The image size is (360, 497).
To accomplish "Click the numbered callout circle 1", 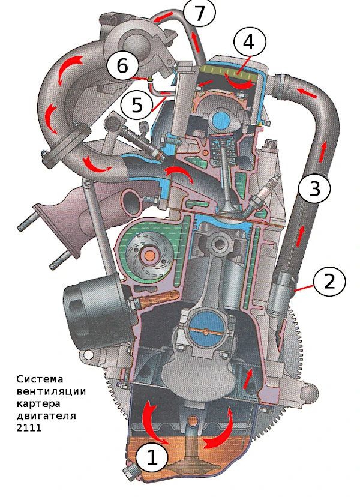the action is pyautogui.click(x=151, y=458).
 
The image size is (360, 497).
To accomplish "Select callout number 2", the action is pyautogui.click(x=329, y=281).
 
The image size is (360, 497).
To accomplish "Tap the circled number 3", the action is pyautogui.click(x=314, y=188).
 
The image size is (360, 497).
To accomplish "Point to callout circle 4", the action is pyautogui.click(x=249, y=41).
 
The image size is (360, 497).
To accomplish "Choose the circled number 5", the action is pyautogui.click(x=137, y=105).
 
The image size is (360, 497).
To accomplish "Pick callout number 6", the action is pyautogui.click(x=122, y=67).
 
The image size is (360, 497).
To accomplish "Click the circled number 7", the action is pyautogui.click(x=199, y=13).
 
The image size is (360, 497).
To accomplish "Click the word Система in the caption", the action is pyautogui.click(x=40, y=379).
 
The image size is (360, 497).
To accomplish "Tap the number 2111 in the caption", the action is pyautogui.click(x=29, y=427).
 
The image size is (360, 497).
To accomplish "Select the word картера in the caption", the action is pyautogui.click(x=38, y=404).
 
